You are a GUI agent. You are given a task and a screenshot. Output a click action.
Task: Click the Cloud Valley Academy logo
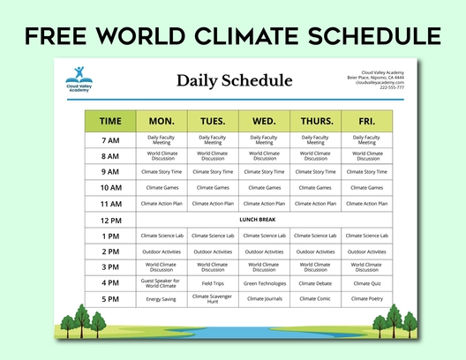coord(78,79)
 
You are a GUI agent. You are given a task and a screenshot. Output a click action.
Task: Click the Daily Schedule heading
coord(234,81)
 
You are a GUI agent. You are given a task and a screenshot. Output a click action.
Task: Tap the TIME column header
coord(110,121)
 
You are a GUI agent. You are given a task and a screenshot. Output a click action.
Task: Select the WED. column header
coord(264,121)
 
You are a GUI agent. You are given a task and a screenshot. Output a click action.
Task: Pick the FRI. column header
coord(367,121)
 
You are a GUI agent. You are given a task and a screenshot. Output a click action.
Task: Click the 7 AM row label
coord(110,140)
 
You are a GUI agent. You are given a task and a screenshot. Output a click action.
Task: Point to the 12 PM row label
coord(110,220)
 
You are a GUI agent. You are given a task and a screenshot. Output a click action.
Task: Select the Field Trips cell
coord(213,283)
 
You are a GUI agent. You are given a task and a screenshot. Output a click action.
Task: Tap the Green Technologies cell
coord(264,283)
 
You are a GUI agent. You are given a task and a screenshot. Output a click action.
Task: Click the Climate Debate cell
coord(315,283)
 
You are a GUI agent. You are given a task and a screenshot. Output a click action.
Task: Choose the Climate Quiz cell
coord(367,283)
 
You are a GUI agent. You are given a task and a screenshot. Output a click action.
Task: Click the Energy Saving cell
coord(161,299)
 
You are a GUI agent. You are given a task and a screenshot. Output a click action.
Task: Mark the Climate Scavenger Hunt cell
coord(213,299)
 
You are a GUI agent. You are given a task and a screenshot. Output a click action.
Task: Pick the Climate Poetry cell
coord(367,299)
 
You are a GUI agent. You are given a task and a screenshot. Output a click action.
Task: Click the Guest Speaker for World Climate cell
coord(161,283)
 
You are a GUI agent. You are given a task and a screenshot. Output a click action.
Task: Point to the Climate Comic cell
coord(315,299)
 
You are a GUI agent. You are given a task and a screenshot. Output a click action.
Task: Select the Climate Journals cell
coord(264,299)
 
